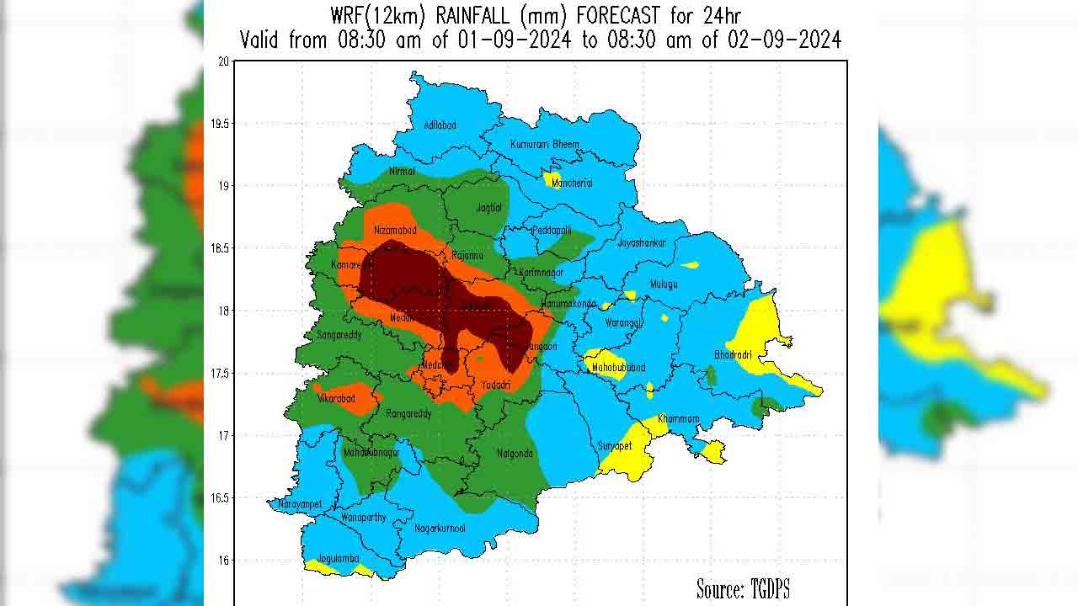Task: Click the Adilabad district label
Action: pos(440,125)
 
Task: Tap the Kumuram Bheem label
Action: pos(544,145)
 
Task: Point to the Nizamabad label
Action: pos(395,230)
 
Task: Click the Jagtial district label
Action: pos(488,208)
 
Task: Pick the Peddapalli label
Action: pos(552,230)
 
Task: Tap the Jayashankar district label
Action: pos(641,243)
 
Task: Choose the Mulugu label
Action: pos(664,284)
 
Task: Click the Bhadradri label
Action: pos(733,354)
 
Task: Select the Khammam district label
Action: pos(679,418)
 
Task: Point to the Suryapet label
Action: pos(616,445)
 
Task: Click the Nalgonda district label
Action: pos(515,454)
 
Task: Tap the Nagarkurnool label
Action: pos(440,529)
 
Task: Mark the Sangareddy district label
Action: pos(339,335)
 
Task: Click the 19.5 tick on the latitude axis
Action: pos(219,124)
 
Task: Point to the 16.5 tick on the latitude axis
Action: pos(219,498)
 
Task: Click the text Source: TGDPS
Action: pos(743,588)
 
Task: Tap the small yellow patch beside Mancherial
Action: pos(552,180)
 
